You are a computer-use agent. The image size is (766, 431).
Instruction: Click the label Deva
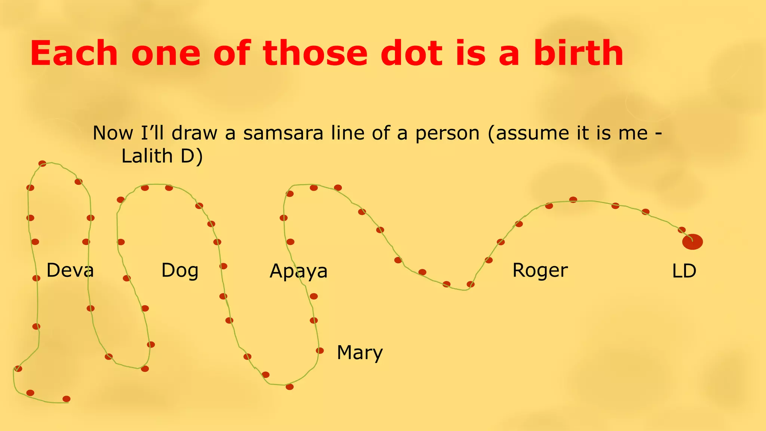pyautogui.click(x=70, y=270)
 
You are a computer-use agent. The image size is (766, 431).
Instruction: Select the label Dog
pyautogui.click(x=180, y=270)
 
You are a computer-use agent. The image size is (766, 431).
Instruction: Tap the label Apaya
pyautogui.click(x=298, y=271)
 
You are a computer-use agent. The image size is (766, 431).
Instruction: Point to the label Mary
pyautogui.click(x=360, y=352)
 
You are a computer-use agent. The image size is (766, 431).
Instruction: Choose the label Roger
pyautogui.click(x=540, y=270)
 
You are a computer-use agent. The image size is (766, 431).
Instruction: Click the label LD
pyautogui.click(x=684, y=271)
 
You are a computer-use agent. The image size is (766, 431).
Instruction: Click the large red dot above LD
pyautogui.click(x=692, y=242)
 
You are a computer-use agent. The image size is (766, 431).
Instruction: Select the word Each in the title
pyautogui.click(x=74, y=54)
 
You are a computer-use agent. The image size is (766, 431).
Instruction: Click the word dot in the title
pyautogui.click(x=411, y=54)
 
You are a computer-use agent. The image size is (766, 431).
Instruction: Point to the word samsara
pyautogui.click(x=283, y=133)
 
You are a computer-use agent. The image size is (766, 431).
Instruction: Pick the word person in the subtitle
pyautogui.click(x=447, y=133)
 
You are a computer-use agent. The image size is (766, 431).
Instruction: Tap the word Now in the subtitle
pyautogui.click(x=113, y=133)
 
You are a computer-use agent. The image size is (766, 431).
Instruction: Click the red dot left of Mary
pyautogui.click(x=319, y=351)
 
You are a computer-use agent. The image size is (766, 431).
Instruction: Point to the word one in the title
pyautogui.click(x=166, y=54)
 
